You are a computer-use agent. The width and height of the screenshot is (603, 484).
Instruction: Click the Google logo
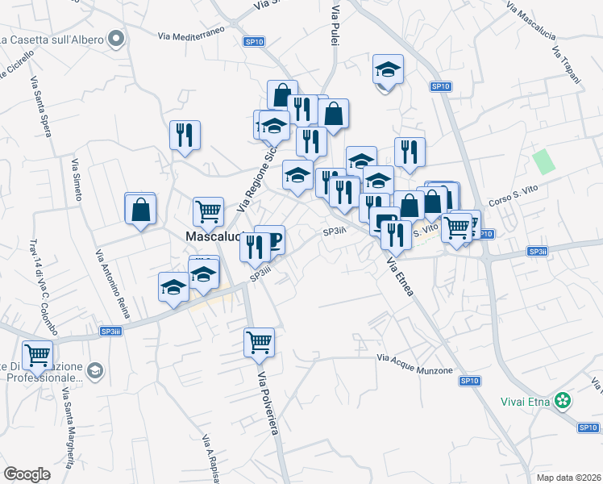27,474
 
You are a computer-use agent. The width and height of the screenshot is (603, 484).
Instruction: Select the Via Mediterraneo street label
192,36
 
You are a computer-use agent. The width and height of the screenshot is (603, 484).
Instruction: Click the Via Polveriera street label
268,404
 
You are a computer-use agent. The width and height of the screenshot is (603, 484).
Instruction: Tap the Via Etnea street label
400,277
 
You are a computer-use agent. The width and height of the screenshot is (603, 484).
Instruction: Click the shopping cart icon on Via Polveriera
260,342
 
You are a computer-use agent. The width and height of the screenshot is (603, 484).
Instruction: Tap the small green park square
544,161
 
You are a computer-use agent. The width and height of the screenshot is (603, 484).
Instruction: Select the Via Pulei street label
335,23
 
